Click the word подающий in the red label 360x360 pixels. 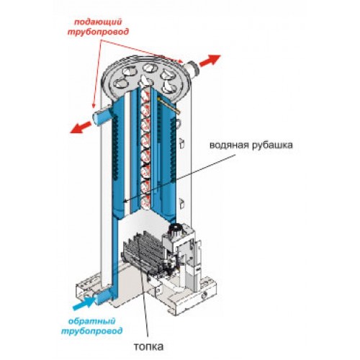[98, 22]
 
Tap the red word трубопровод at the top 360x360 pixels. [98, 32]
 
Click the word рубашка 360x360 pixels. [272, 145]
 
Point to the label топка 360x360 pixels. [149, 346]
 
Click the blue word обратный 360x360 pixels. [92, 321]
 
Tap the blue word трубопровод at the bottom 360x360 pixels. [92, 331]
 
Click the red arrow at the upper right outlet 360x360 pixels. [210, 60]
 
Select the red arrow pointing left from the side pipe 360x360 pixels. [81, 127]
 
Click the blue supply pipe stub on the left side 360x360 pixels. [102, 117]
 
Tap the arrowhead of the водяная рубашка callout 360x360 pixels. [125, 201]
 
